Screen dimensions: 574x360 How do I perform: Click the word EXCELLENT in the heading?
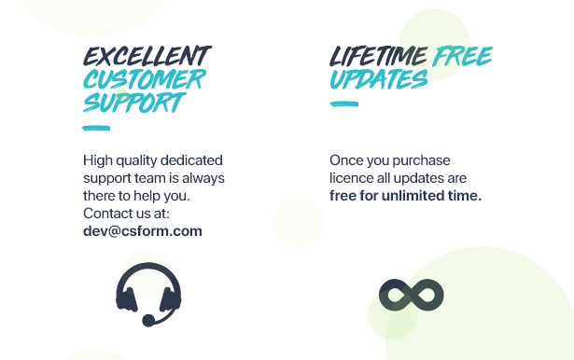(147, 56)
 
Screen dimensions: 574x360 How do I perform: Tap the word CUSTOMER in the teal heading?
(145, 79)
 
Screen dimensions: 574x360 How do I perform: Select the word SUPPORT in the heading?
(134, 102)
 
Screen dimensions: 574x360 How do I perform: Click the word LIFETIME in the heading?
(379, 56)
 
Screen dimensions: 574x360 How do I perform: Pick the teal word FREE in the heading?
(462, 56)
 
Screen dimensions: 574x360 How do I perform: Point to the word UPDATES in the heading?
(379, 79)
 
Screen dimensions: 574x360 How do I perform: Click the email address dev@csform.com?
(143, 231)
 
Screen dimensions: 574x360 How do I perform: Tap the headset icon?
(148, 295)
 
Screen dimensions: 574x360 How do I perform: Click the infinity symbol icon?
(412, 295)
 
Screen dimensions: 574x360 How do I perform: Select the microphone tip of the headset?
(148, 321)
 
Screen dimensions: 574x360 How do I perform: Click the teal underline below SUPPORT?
(96, 128)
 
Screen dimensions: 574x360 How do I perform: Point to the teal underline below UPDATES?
(344, 104)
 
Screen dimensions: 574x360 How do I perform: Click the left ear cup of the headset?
(126, 299)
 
